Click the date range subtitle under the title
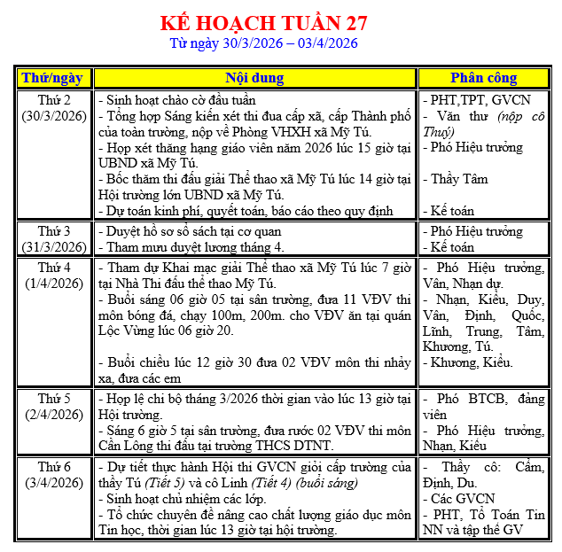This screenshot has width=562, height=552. (x=264, y=43)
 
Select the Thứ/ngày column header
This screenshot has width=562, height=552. (x=52, y=78)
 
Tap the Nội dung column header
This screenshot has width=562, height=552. (x=254, y=78)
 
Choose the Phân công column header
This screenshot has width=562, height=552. (x=485, y=78)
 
